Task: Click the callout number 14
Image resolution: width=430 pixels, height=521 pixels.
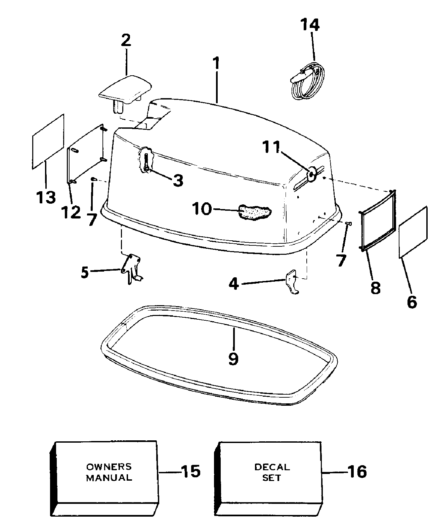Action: [309, 25]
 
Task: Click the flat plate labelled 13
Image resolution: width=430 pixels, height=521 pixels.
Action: [48, 141]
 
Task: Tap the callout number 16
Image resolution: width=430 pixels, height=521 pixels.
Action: [357, 472]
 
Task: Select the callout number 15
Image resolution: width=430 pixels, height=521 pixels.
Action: [190, 472]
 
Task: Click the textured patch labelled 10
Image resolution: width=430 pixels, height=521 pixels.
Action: [255, 212]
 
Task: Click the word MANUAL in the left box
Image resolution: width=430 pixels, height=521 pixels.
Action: [109, 477]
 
